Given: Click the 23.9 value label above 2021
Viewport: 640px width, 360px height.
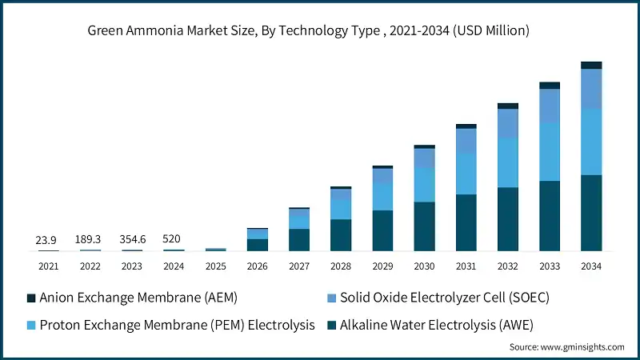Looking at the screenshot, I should coord(46,240).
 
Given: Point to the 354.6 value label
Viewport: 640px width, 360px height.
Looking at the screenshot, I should coord(133,240).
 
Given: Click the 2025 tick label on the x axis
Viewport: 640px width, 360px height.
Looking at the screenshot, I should coord(216,266).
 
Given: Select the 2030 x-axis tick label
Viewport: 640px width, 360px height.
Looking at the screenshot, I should coord(424,266).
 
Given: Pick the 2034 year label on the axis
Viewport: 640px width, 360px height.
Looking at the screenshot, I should coord(591,266).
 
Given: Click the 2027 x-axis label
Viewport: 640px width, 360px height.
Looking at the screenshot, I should coord(299,266).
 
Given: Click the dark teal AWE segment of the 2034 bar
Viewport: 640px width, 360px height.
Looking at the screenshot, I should coord(591,213).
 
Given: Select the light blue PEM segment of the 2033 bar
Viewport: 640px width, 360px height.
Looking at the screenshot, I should coord(550,151).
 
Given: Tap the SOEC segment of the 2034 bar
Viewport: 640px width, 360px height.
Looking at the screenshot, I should coord(591,89).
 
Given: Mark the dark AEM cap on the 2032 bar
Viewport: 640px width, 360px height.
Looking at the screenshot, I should coord(508,106).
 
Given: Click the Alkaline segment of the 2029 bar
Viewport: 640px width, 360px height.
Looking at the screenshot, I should coord(382,230).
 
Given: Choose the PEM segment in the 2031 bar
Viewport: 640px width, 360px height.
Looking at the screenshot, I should coord(466,174).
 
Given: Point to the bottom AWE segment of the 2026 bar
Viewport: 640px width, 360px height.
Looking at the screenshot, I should coord(258,245).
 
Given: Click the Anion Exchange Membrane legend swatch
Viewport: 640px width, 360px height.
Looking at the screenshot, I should coord(31,298).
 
